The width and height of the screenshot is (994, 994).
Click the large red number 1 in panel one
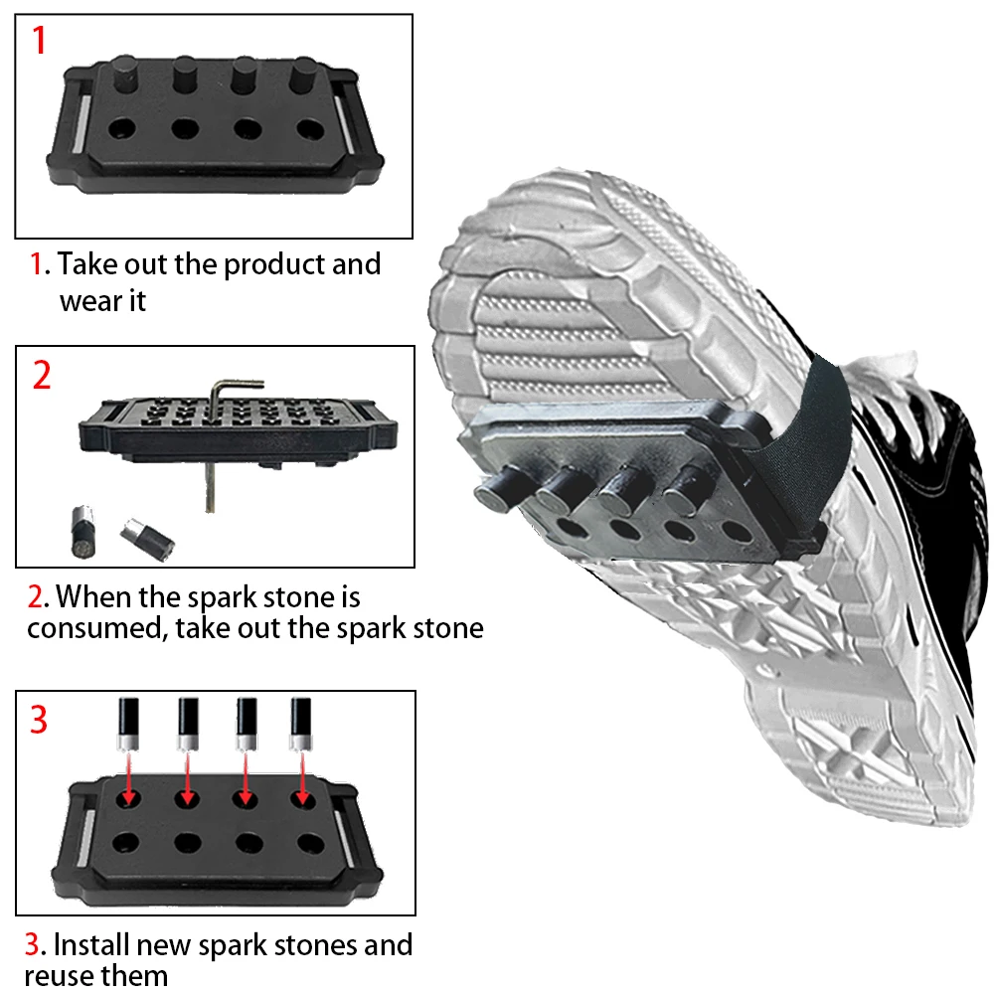point(39,43)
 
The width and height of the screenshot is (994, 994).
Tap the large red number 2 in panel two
point(42,377)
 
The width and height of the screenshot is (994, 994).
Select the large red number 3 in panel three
point(39,720)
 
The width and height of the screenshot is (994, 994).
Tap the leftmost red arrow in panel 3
point(128,777)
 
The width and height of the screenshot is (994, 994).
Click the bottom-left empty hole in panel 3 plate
point(125,842)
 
